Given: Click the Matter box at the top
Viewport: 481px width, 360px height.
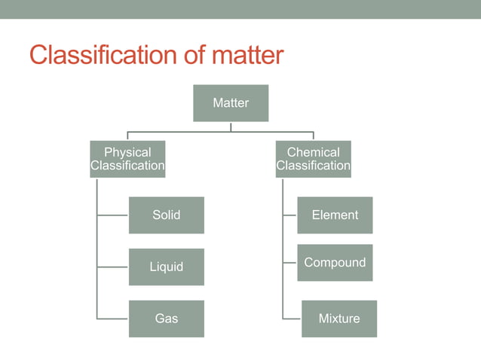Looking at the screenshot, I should pyautogui.click(x=231, y=103).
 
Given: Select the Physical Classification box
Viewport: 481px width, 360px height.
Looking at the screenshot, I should pyautogui.click(x=127, y=159).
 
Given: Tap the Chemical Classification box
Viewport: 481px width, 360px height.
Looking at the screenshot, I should pyautogui.click(x=313, y=159).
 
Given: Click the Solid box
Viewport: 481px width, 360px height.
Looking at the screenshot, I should pyautogui.click(x=166, y=215).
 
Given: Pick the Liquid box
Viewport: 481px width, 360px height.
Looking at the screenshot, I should pyautogui.click(x=166, y=267).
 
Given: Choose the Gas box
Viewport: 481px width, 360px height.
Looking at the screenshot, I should pyautogui.click(x=166, y=319).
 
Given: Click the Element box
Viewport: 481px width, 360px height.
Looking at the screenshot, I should pyautogui.click(x=335, y=215).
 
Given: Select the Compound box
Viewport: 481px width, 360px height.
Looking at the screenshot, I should pyautogui.click(x=335, y=263).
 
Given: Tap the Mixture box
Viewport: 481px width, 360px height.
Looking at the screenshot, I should pyautogui.click(x=339, y=319).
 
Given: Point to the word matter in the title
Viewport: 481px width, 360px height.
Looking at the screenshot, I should pyautogui.click(x=249, y=55).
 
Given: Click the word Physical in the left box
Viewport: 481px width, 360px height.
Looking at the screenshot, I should pyautogui.click(x=127, y=152).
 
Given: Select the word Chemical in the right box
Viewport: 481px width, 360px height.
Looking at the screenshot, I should pyautogui.click(x=313, y=152).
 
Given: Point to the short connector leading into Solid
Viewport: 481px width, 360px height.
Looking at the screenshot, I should pyautogui.click(x=113, y=215).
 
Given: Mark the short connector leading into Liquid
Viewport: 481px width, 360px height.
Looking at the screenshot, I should pyautogui.click(x=113, y=267).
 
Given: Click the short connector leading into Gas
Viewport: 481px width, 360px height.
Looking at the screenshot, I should pyautogui.click(x=113, y=319).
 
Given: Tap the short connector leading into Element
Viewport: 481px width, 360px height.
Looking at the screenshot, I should pyautogui.click(x=290, y=215).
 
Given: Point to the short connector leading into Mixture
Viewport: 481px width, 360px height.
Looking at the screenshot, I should pyautogui.click(x=293, y=319).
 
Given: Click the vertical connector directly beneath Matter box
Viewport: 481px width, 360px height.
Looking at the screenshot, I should pyautogui.click(x=231, y=127).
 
